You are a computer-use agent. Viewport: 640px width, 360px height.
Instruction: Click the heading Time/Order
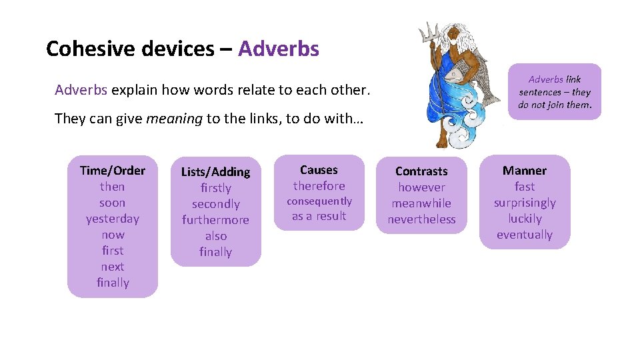[112, 171]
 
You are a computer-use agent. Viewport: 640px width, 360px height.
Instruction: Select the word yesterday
[112, 219]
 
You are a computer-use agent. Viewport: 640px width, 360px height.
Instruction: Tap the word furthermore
[215, 220]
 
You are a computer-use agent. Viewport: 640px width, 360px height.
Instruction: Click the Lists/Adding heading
[215, 172]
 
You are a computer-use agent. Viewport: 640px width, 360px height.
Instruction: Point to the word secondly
[215, 204]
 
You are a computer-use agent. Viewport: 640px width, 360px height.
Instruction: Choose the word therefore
[319, 186]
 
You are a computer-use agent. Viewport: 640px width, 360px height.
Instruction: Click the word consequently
[319, 201]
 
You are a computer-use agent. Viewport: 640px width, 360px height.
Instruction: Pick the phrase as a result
[319, 216]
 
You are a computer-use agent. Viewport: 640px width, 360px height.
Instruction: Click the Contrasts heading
[421, 171]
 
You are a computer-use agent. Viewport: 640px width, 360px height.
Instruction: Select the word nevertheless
[421, 219]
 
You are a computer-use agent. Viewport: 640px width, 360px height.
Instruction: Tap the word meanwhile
[421, 203]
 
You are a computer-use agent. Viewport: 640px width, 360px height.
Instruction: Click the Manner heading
[525, 171]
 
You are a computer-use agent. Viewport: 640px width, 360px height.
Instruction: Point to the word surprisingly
[525, 203]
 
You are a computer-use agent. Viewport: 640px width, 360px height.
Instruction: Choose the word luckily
[525, 219]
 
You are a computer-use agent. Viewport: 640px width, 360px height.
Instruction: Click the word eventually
[525, 235]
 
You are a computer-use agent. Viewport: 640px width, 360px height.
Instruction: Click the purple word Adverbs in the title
[278, 49]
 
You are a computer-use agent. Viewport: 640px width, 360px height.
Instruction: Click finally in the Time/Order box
[112, 283]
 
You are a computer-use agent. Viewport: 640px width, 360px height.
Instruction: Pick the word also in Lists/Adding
[215, 236]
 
